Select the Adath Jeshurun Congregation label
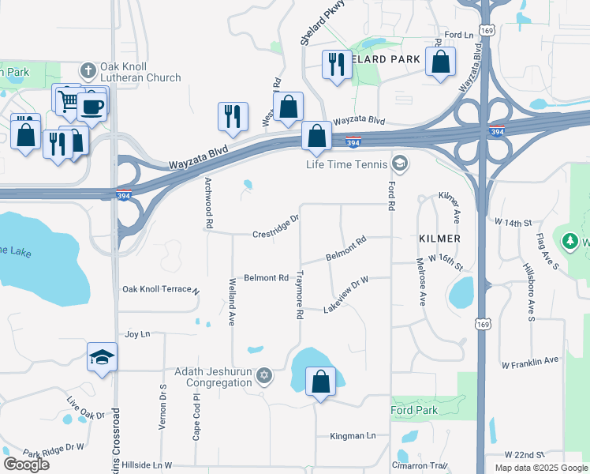(x=218, y=377)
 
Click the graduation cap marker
(x=103, y=358)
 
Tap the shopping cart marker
(x=67, y=99)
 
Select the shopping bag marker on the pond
(x=320, y=382)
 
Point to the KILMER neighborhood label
(x=439, y=238)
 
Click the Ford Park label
(x=414, y=410)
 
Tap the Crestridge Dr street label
(x=276, y=227)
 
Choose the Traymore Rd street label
(x=300, y=295)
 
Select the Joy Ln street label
(x=137, y=335)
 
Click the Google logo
(x=26, y=465)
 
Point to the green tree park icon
(x=570, y=240)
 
